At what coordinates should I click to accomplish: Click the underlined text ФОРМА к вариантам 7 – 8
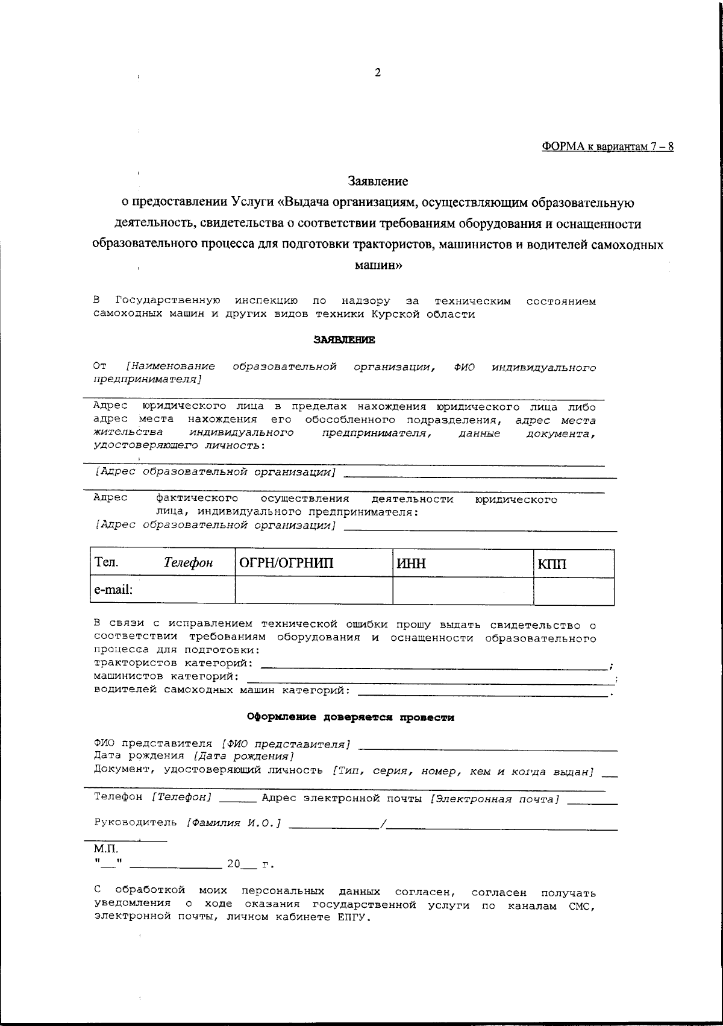pos(607,147)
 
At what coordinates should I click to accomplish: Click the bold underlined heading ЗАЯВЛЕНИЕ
pos(344,340)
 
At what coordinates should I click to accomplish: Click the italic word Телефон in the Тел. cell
pos(189,563)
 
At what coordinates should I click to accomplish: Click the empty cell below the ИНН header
pos(463,591)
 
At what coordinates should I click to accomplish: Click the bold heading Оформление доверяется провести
pos(351,717)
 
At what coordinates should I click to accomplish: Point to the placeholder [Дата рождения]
pos(243,756)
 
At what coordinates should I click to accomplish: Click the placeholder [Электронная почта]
pos(495,799)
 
